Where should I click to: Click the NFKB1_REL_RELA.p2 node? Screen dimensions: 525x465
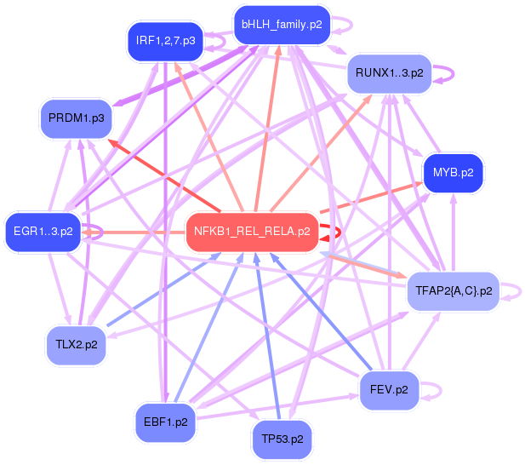(x=252, y=231)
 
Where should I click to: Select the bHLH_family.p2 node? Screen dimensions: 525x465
(x=281, y=25)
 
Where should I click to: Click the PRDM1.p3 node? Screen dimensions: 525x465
(x=76, y=118)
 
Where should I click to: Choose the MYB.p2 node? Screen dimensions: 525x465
(x=452, y=173)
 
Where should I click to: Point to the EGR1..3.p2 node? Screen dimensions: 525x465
(x=43, y=231)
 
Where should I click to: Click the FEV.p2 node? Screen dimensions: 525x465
(x=390, y=389)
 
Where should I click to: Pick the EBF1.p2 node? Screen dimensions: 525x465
(x=166, y=421)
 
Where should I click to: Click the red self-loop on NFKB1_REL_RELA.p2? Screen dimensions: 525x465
(x=339, y=232)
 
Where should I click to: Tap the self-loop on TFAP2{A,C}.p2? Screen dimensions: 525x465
(x=513, y=292)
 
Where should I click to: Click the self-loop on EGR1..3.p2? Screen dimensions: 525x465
(x=95, y=231)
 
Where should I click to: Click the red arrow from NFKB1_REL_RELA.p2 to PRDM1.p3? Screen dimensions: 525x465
(x=162, y=178)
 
